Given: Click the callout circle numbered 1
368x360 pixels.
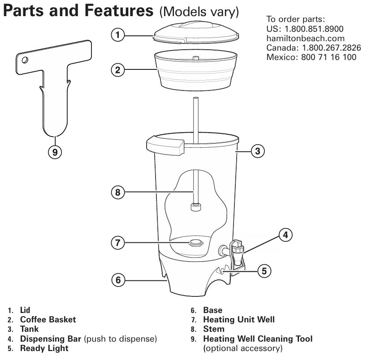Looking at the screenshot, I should [117, 34].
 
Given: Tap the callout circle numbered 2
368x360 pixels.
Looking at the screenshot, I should [117, 69].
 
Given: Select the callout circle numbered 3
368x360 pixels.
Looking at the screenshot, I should [257, 151].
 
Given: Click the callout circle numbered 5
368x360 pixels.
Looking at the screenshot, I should [264, 270].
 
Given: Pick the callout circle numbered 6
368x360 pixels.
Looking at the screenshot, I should [117, 280].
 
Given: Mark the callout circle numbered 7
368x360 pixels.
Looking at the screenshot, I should [117, 243].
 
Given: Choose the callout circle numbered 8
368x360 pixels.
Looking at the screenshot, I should [117, 193].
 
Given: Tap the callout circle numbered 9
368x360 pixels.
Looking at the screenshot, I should [55, 152].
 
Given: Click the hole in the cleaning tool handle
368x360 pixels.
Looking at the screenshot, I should [25, 59].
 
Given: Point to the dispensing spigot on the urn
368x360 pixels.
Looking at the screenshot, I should [236, 252].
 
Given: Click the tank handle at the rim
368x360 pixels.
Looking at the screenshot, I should [165, 146].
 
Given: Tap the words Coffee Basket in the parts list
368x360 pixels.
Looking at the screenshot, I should [48, 320].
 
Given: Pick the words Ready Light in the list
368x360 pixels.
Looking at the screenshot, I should [44, 348].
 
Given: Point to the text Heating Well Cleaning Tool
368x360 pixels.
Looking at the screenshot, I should [258, 339].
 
